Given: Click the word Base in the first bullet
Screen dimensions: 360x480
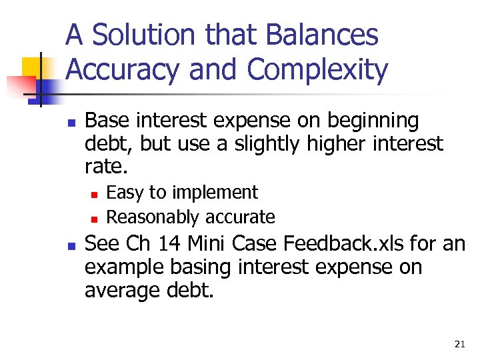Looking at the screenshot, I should [107, 121].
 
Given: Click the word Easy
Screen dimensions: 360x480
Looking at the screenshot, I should [125, 193].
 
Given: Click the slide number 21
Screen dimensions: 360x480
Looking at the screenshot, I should [459, 344].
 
